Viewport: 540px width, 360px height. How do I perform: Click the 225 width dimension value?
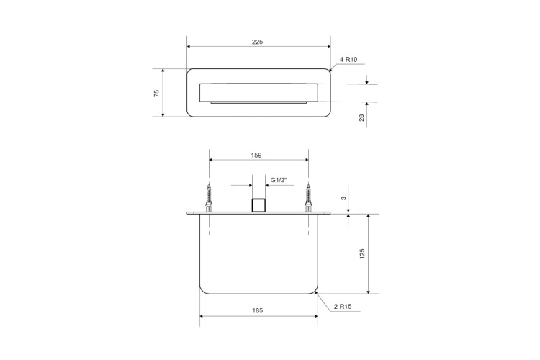pyautogui.click(x=258, y=42)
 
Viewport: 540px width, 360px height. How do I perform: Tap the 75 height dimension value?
pyautogui.click(x=156, y=93)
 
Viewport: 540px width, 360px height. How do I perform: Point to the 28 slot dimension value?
pyautogui.click(x=361, y=117)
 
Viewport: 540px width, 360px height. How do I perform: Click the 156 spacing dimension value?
pyautogui.click(x=256, y=155)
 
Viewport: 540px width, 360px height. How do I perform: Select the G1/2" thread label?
pyautogui.click(x=279, y=179)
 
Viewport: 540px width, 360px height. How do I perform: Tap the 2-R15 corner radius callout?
pyautogui.click(x=343, y=307)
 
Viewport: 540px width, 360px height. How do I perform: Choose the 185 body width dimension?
pyautogui.click(x=258, y=310)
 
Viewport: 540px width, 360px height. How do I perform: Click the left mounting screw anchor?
pyautogui.click(x=209, y=197)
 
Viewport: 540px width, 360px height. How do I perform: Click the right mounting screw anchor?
pyautogui.click(x=309, y=197)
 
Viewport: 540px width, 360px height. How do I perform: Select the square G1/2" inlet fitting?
pyautogui.click(x=258, y=205)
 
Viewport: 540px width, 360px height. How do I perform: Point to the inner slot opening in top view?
pyautogui.click(x=258, y=93)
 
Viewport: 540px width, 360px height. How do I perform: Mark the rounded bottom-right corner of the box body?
pyautogui.click(x=314, y=290)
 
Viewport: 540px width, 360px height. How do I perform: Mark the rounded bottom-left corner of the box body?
pyautogui.click(x=203, y=290)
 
